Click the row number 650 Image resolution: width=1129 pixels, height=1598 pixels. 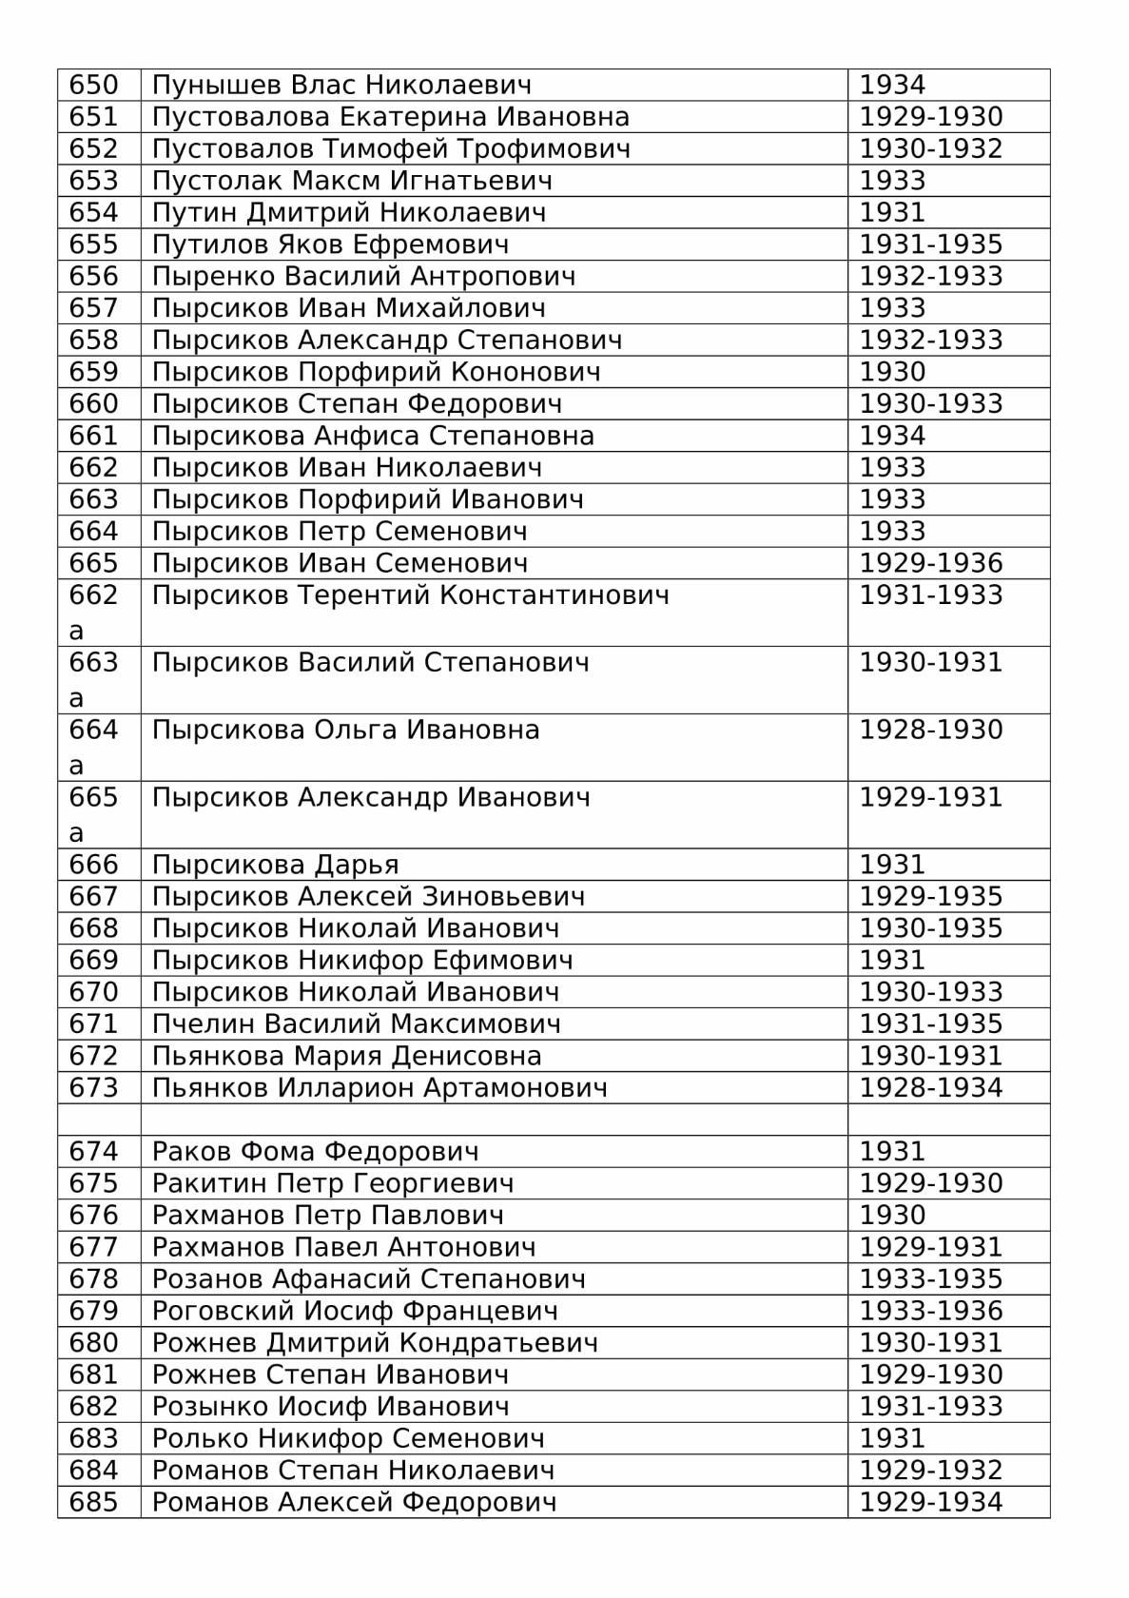pos(93,86)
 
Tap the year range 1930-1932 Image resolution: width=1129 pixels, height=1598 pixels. pos(930,149)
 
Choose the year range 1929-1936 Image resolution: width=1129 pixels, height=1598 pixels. pos(930,563)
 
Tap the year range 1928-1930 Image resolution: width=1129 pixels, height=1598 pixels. pos(930,731)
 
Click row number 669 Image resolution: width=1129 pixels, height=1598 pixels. pos(93,961)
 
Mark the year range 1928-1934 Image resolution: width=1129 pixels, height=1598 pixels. pos(930,1088)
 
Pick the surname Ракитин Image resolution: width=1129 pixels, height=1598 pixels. pos(210,1184)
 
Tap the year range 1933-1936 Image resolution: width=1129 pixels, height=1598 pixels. pos(930,1312)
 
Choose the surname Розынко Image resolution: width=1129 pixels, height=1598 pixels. pos(210,1407)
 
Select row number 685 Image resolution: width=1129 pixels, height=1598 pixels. pos(93,1503)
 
